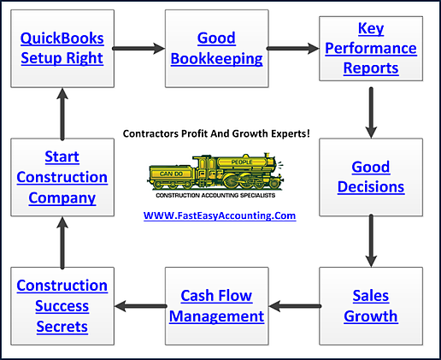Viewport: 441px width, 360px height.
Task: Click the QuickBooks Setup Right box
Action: (61, 49)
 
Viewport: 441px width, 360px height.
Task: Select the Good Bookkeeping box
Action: (216, 49)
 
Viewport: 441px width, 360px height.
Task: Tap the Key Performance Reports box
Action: (371, 49)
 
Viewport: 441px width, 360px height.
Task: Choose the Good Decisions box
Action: (371, 177)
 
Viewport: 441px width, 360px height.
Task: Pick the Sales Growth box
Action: (371, 306)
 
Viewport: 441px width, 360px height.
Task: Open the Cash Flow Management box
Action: (216, 306)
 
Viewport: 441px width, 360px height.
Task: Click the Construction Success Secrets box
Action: (61, 306)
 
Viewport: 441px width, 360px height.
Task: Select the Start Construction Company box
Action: (61, 177)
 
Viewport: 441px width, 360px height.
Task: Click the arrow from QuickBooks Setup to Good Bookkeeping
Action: (138, 49)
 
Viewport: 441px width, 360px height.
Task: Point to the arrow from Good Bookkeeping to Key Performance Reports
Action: (293, 49)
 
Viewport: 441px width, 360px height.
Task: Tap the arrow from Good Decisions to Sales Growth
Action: (371, 241)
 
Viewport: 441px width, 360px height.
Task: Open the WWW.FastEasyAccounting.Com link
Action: (220, 215)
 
